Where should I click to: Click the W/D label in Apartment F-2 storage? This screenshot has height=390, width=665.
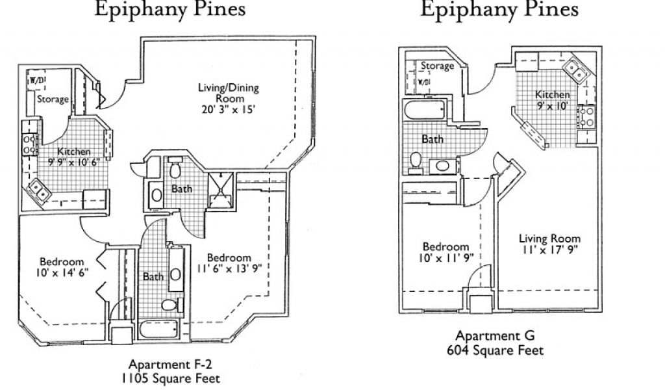click(x=37, y=81)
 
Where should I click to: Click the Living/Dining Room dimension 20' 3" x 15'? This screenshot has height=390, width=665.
click(x=228, y=109)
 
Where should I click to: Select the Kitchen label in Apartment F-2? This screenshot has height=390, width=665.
click(x=74, y=151)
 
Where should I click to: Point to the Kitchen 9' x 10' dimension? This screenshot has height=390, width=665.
click(x=552, y=106)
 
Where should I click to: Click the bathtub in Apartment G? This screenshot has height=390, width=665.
click(x=425, y=110)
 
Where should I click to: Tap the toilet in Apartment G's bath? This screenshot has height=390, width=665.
click(x=416, y=164)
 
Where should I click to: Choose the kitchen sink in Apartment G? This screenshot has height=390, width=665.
click(x=575, y=69)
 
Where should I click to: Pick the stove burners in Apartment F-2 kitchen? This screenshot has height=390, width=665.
click(x=29, y=144)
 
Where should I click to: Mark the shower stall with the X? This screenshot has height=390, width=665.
click(x=220, y=190)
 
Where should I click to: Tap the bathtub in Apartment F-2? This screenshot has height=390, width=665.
click(x=159, y=330)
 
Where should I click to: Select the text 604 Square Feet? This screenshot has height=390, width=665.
click(x=495, y=350)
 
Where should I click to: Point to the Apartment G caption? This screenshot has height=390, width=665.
click(x=495, y=335)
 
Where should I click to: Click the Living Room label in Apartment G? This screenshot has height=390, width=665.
click(x=549, y=238)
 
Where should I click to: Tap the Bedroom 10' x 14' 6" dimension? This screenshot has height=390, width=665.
click(x=62, y=272)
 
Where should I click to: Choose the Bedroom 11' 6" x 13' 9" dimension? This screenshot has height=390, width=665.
click(x=229, y=268)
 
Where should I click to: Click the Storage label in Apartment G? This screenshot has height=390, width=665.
click(x=437, y=66)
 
